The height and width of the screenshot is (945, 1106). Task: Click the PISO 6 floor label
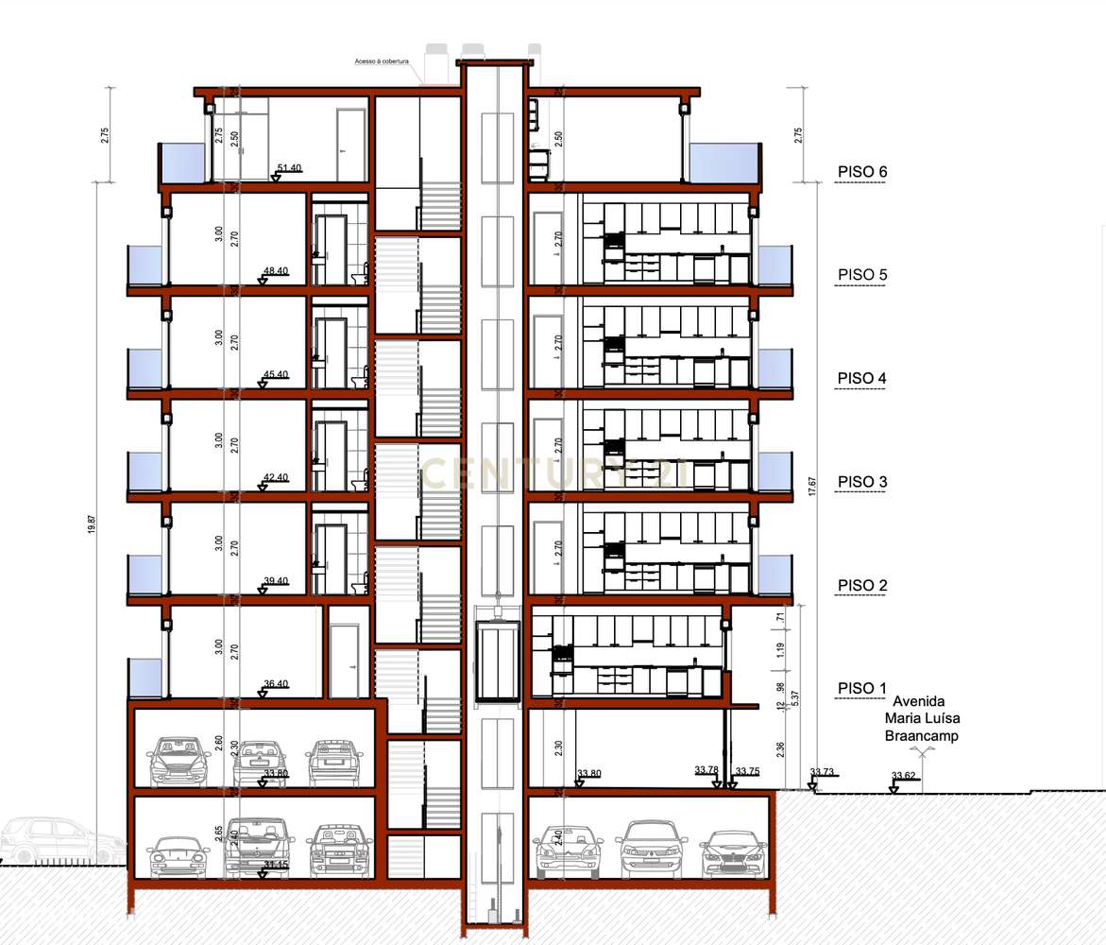pos(861,172)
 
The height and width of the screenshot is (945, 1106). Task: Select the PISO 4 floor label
pos(861,379)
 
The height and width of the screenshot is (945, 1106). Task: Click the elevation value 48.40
pos(276,271)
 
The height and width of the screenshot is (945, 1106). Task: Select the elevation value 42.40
pos(276,478)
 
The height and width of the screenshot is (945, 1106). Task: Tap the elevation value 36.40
pos(276,684)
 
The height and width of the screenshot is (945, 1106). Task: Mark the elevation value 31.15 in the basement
pos(276,866)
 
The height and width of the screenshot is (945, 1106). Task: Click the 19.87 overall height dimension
pos(91,524)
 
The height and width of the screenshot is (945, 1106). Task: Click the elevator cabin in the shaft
pos(497,661)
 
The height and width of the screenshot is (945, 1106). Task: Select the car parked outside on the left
pos(57,841)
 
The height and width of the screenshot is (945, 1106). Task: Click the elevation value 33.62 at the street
pos(903,778)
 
